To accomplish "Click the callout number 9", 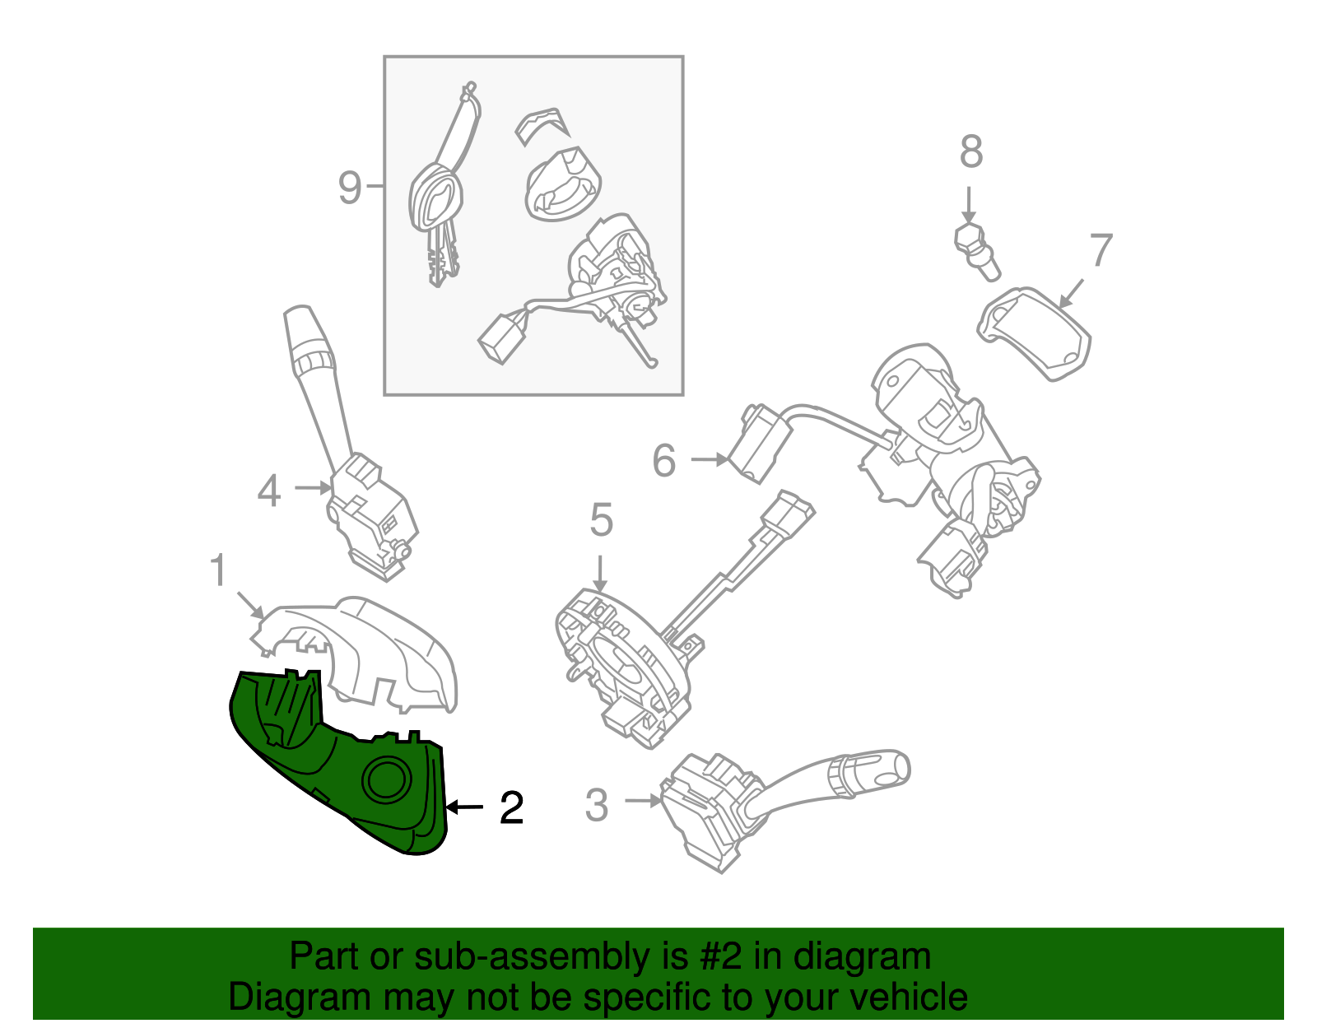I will tap(350, 188).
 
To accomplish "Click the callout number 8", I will tap(971, 152).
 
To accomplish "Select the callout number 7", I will tap(1101, 249).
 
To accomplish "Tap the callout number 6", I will tap(664, 460).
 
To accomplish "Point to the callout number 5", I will tap(601, 521).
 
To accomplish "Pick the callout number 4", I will tap(269, 491).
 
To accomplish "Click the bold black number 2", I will tap(511, 808).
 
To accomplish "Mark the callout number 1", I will tap(218, 570).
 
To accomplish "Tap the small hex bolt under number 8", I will tap(976, 247).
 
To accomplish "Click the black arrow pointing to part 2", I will tap(465, 807).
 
